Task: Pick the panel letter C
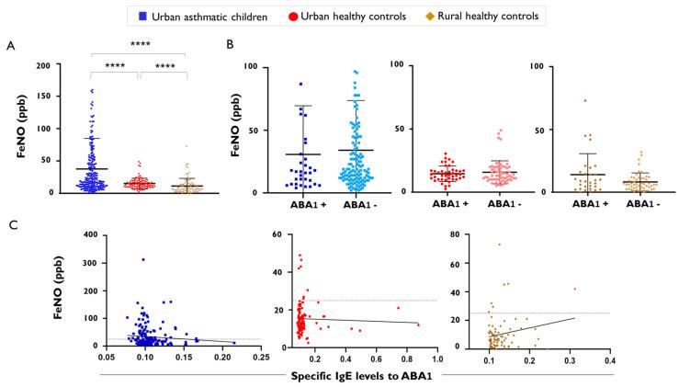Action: click(x=10, y=222)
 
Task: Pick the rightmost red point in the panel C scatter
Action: click(x=418, y=324)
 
